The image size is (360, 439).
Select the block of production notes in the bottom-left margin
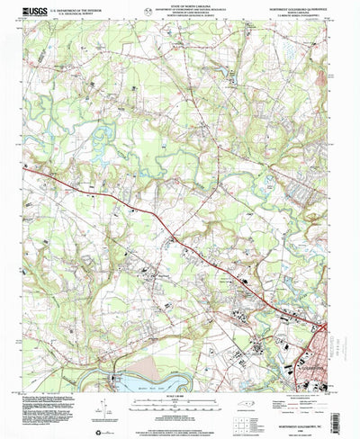point(54,409)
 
